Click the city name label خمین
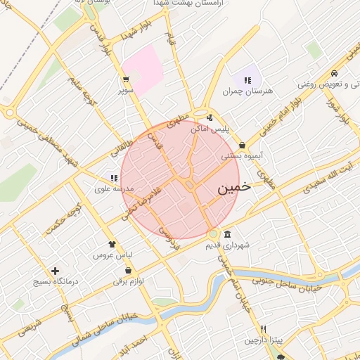(233, 188)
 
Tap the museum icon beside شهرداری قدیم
(227, 234)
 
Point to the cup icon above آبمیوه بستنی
(242, 144)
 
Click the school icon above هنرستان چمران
(247, 80)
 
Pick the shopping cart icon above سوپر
(126, 79)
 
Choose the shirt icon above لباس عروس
(111, 243)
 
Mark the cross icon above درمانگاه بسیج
(55, 271)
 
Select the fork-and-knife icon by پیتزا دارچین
(263, 329)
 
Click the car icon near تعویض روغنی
(335, 73)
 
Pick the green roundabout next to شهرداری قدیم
(213, 234)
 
